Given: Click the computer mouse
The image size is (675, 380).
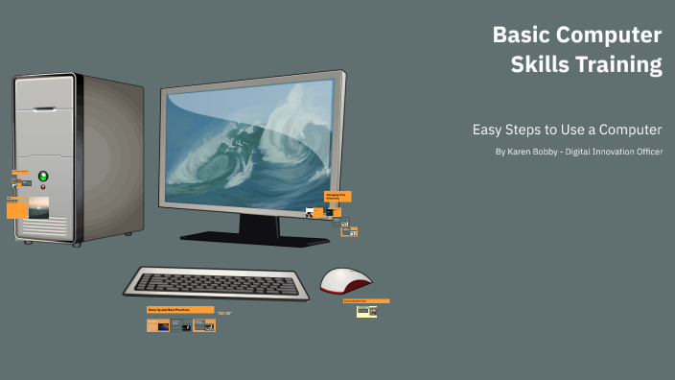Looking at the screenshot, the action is click(345, 280).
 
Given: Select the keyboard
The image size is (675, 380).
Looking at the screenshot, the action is click(216, 283).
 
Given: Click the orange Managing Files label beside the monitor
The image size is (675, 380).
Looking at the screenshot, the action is click(337, 196).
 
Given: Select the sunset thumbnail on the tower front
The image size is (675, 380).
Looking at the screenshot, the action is click(38, 207).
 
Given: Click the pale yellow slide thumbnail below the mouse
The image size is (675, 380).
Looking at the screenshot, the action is click(365, 312).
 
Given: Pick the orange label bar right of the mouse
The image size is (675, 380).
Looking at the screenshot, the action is click(366, 300).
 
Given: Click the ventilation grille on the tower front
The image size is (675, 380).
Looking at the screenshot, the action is click(43, 227).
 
